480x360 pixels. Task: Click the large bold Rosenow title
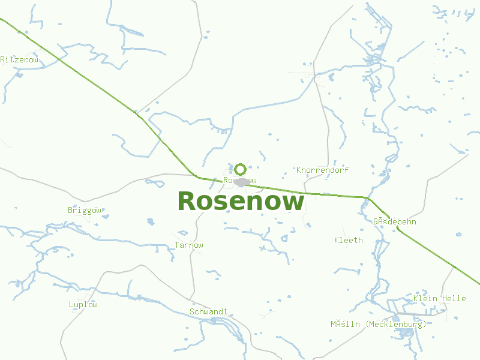(x=241, y=202)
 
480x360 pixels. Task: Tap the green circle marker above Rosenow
(x=240, y=169)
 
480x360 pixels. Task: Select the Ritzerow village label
(x=19, y=59)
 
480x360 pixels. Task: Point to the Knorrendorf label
(x=322, y=170)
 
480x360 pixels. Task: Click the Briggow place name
(x=85, y=211)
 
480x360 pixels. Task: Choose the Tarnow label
(x=188, y=245)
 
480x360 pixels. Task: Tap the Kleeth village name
(x=349, y=240)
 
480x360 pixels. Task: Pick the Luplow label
(x=83, y=304)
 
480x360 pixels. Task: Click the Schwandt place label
(x=208, y=311)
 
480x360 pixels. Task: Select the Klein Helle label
(x=439, y=298)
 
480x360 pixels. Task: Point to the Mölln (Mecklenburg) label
(x=378, y=324)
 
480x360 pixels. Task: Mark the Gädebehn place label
(x=394, y=221)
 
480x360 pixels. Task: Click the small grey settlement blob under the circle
(x=242, y=182)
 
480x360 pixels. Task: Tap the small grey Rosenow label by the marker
(x=239, y=180)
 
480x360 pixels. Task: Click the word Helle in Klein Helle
(x=454, y=298)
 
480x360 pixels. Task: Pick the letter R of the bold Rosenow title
(x=187, y=202)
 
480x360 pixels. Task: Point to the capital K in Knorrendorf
(x=299, y=170)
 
